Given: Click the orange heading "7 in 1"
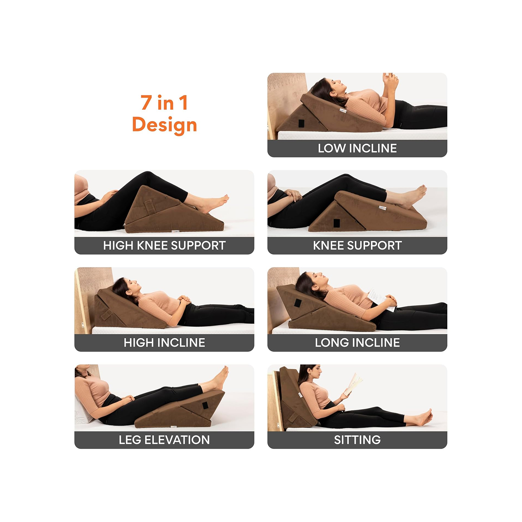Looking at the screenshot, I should [164, 103].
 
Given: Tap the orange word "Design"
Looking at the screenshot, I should [164, 125].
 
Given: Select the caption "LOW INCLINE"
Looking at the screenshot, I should [357, 148].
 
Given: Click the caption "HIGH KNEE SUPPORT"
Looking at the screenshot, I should [164, 245].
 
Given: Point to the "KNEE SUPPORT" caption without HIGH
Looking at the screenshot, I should [357, 245].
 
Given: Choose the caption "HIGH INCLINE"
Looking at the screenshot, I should [164, 342].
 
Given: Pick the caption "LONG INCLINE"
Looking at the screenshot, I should [357, 342].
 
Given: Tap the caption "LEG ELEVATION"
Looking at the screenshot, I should [164, 440].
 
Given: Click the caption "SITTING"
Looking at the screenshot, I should [357, 440].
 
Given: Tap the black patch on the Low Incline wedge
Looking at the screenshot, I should [301, 123].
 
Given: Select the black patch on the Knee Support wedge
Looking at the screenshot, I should [337, 223].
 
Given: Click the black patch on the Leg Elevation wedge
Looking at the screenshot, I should [205, 405].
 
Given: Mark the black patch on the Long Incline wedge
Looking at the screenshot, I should [298, 302].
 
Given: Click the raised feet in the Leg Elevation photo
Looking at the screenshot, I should [220, 378].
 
